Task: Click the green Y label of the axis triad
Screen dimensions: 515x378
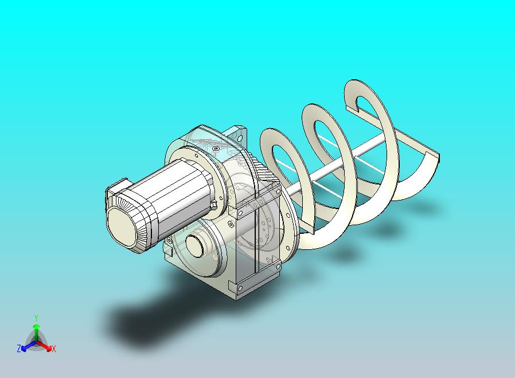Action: tap(37, 318)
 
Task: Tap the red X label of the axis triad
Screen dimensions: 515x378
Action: tap(53, 349)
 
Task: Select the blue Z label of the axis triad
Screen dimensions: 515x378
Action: tap(19, 348)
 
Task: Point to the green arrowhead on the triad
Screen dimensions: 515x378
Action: tap(37, 326)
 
